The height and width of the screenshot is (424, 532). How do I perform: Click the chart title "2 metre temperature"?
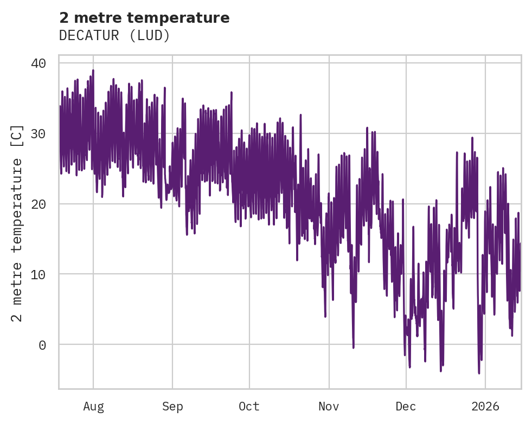click(x=144, y=18)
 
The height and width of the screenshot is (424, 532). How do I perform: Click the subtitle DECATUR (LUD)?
click(x=114, y=36)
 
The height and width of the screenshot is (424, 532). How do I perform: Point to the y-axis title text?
click(x=17, y=223)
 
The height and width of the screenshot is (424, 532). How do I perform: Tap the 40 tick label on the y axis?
click(x=39, y=63)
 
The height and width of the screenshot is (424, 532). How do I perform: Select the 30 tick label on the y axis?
click(x=39, y=134)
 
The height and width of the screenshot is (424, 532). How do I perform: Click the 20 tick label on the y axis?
click(x=39, y=204)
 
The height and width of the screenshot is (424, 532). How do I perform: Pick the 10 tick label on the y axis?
click(x=39, y=274)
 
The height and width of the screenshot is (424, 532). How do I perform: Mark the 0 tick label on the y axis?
click(x=42, y=345)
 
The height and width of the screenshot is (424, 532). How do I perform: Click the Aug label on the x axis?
click(x=93, y=407)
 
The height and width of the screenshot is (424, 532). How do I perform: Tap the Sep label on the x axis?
click(x=172, y=407)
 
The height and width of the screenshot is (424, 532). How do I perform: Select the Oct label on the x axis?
click(x=249, y=407)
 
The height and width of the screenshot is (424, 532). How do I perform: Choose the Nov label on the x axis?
click(x=329, y=407)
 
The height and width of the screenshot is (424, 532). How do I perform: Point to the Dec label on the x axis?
click(x=406, y=407)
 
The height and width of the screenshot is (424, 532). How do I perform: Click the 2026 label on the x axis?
click(x=485, y=407)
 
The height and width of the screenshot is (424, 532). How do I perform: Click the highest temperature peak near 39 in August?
click(x=93, y=70)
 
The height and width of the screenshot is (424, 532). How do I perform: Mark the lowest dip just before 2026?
click(x=479, y=372)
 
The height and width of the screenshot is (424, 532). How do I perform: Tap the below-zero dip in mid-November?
click(x=353, y=347)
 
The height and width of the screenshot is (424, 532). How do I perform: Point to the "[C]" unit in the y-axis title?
click(x=17, y=136)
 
